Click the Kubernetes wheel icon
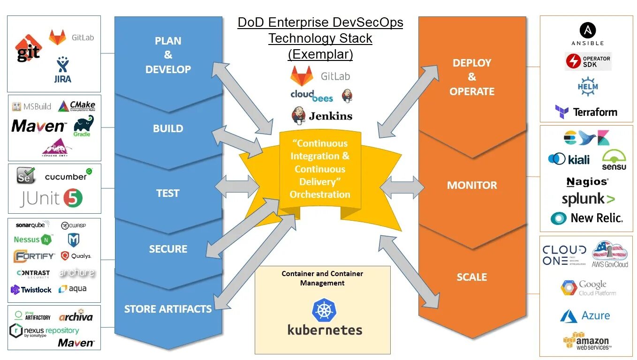click(x=324, y=310)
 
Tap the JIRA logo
click(x=62, y=70)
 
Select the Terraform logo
click(x=586, y=112)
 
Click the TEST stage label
click(x=167, y=193)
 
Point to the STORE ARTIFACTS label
click(x=167, y=309)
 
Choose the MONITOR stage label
click(x=471, y=185)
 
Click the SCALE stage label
click(x=471, y=277)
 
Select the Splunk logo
click(x=588, y=199)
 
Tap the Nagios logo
click(x=587, y=182)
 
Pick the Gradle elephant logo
click(x=83, y=126)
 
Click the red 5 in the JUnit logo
click(x=73, y=198)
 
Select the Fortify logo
click(x=34, y=256)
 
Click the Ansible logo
click(x=587, y=34)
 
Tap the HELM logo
click(x=588, y=87)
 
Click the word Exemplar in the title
click(x=320, y=54)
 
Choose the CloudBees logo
click(x=311, y=96)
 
